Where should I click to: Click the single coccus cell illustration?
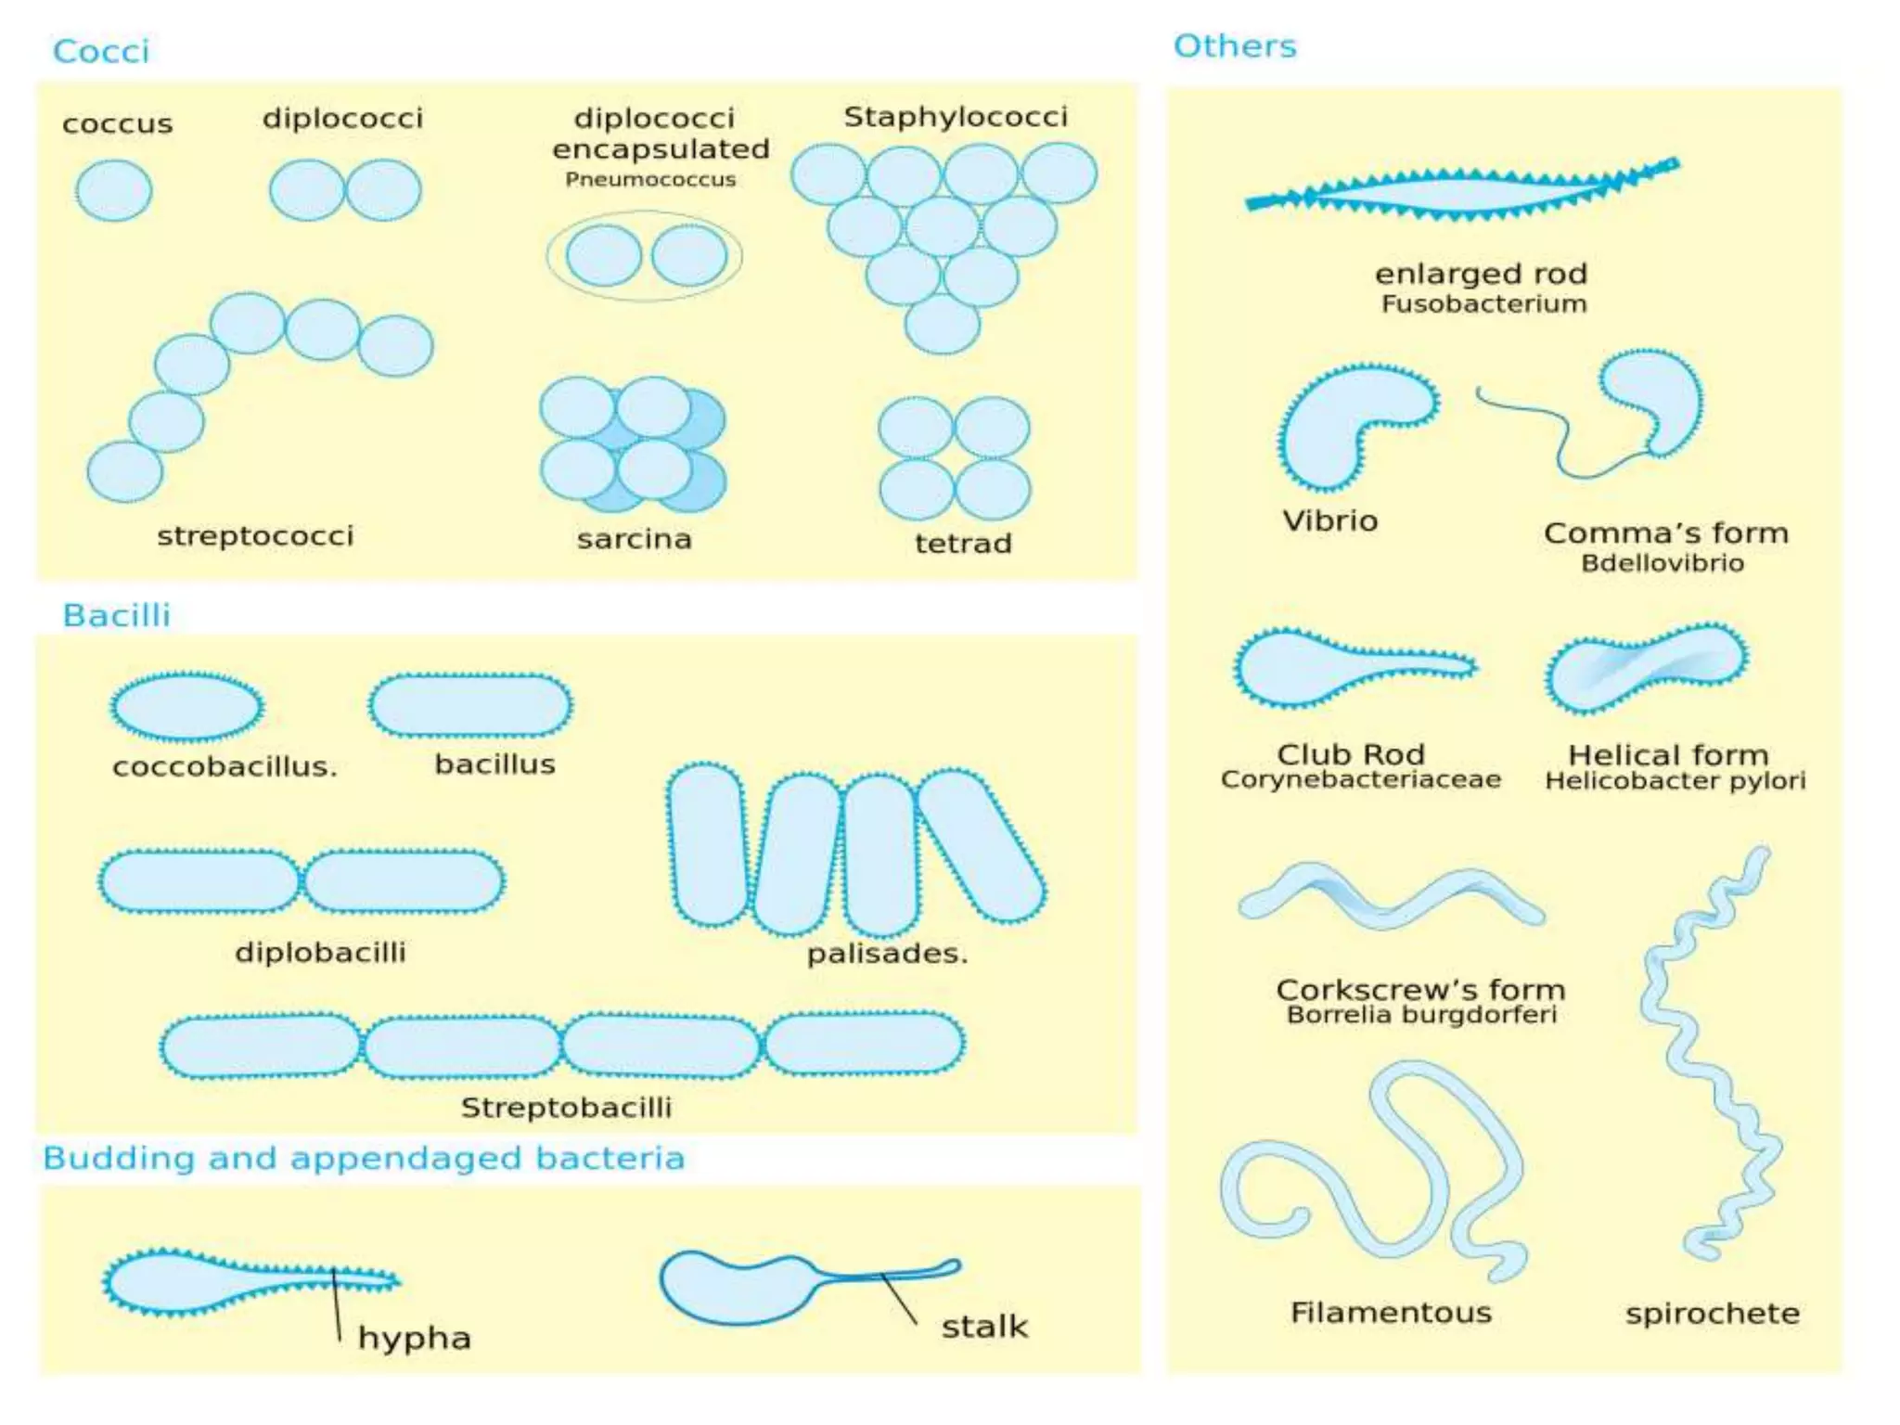[114, 190]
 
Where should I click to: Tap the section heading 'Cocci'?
[100, 51]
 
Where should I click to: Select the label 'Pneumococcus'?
[650, 179]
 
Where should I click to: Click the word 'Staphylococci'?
[955, 117]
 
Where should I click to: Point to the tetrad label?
[963, 543]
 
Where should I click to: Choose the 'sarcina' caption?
[634, 539]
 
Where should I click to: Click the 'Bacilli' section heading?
[116, 615]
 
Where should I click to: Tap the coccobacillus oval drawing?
[187, 707]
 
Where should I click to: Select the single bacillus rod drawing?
[470, 705]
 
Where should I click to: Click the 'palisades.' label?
[887, 954]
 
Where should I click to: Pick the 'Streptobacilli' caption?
[566, 1108]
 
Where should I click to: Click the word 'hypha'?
[415, 1338]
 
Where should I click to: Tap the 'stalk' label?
[984, 1327]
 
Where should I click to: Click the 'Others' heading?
[1234, 46]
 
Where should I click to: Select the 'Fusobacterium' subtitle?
[1483, 304]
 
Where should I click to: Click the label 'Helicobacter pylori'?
[1675, 781]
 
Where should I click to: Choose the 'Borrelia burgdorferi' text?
[1421, 1015]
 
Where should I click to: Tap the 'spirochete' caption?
[1712, 1314]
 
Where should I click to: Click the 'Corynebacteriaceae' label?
[1360, 779]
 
